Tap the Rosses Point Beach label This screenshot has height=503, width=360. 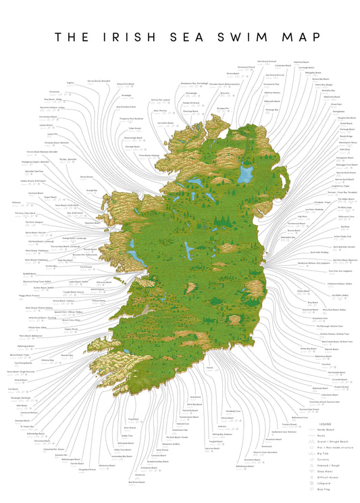128,85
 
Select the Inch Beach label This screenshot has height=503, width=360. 14,389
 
